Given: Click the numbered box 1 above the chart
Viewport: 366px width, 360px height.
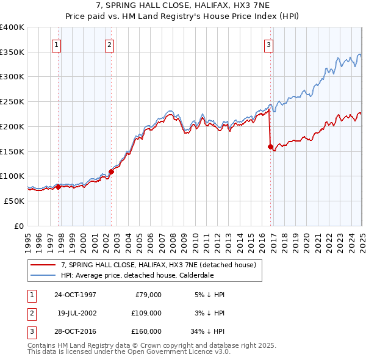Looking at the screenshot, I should coord(56,44).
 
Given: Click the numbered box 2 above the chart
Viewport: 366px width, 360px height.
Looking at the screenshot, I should coord(109,44).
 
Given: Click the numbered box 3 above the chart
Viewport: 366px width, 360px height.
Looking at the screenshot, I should coord(268,44).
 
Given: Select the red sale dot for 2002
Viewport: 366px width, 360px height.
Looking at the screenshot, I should coord(111,171).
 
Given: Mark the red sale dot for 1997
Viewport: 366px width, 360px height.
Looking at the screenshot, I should coord(59,187).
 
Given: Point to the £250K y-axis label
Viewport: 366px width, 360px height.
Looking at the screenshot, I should coord(12,101).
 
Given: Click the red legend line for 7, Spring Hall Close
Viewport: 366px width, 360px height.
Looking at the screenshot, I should coord(43,265).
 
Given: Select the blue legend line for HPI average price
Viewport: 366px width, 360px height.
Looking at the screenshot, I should coord(43,275).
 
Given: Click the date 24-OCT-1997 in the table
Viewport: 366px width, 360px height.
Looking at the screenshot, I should coord(75,295).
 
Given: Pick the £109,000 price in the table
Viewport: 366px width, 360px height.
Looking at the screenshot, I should coord(146,313).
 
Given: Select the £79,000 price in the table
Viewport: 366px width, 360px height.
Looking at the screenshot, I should coord(148,295).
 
